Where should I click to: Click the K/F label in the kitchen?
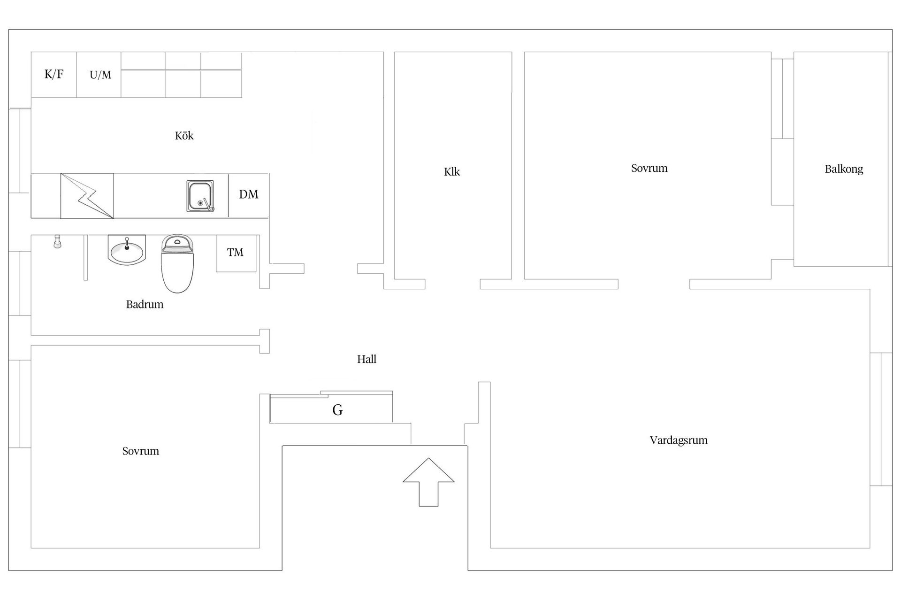pyautogui.click(x=54, y=74)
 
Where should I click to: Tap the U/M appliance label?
pyautogui.click(x=100, y=75)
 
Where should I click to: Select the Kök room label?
pyautogui.click(x=184, y=136)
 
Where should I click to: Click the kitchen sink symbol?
pyautogui.click(x=200, y=196)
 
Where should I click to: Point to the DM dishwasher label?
pyautogui.click(x=249, y=194)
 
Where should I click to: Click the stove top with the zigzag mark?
pyautogui.click(x=87, y=196)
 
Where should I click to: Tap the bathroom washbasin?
pyautogui.click(x=127, y=250)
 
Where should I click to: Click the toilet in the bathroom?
pyautogui.click(x=177, y=264)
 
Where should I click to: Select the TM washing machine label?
pyautogui.click(x=235, y=253)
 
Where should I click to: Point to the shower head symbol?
pyautogui.click(x=57, y=241)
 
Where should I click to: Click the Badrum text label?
pyautogui.click(x=145, y=304)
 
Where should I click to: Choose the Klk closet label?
pyautogui.click(x=452, y=172)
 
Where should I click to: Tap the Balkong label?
pyautogui.click(x=844, y=169)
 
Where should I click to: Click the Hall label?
pyautogui.click(x=367, y=359)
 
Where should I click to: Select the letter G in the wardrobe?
pyautogui.click(x=337, y=410)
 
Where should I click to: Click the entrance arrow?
pyautogui.click(x=428, y=482)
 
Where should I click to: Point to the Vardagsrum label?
pyautogui.click(x=679, y=440)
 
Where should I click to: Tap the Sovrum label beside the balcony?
pyautogui.click(x=649, y=168)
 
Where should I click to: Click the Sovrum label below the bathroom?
pyautogui.click(x=140, y=451)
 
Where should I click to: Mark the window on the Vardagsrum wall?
pyautogui.click(x=881, y=419)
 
